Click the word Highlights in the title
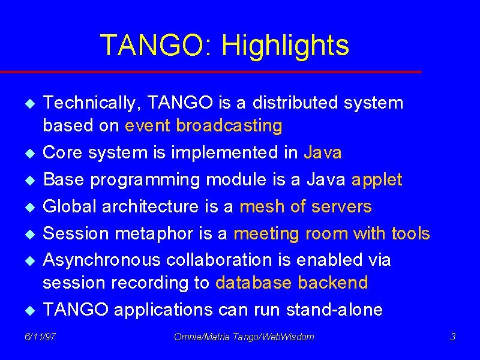coord(286,47)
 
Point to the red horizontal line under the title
coord(211,72)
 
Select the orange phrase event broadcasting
coord(203,126)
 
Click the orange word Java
coord(323,152)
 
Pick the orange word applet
coord(377,179)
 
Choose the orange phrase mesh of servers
coord(306,206)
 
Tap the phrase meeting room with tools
coord(332,233)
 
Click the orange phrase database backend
coord(292,282)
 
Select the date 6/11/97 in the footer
coord(40,337)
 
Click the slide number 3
coord(453,337)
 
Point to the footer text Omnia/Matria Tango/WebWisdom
coord(244,337)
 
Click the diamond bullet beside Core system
coord(30,153)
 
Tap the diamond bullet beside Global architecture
coord(30,207)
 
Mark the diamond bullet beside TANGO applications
coord(30,310)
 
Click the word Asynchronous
coord(101,260)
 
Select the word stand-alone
coord(334,309)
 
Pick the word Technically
coord(89,103)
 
